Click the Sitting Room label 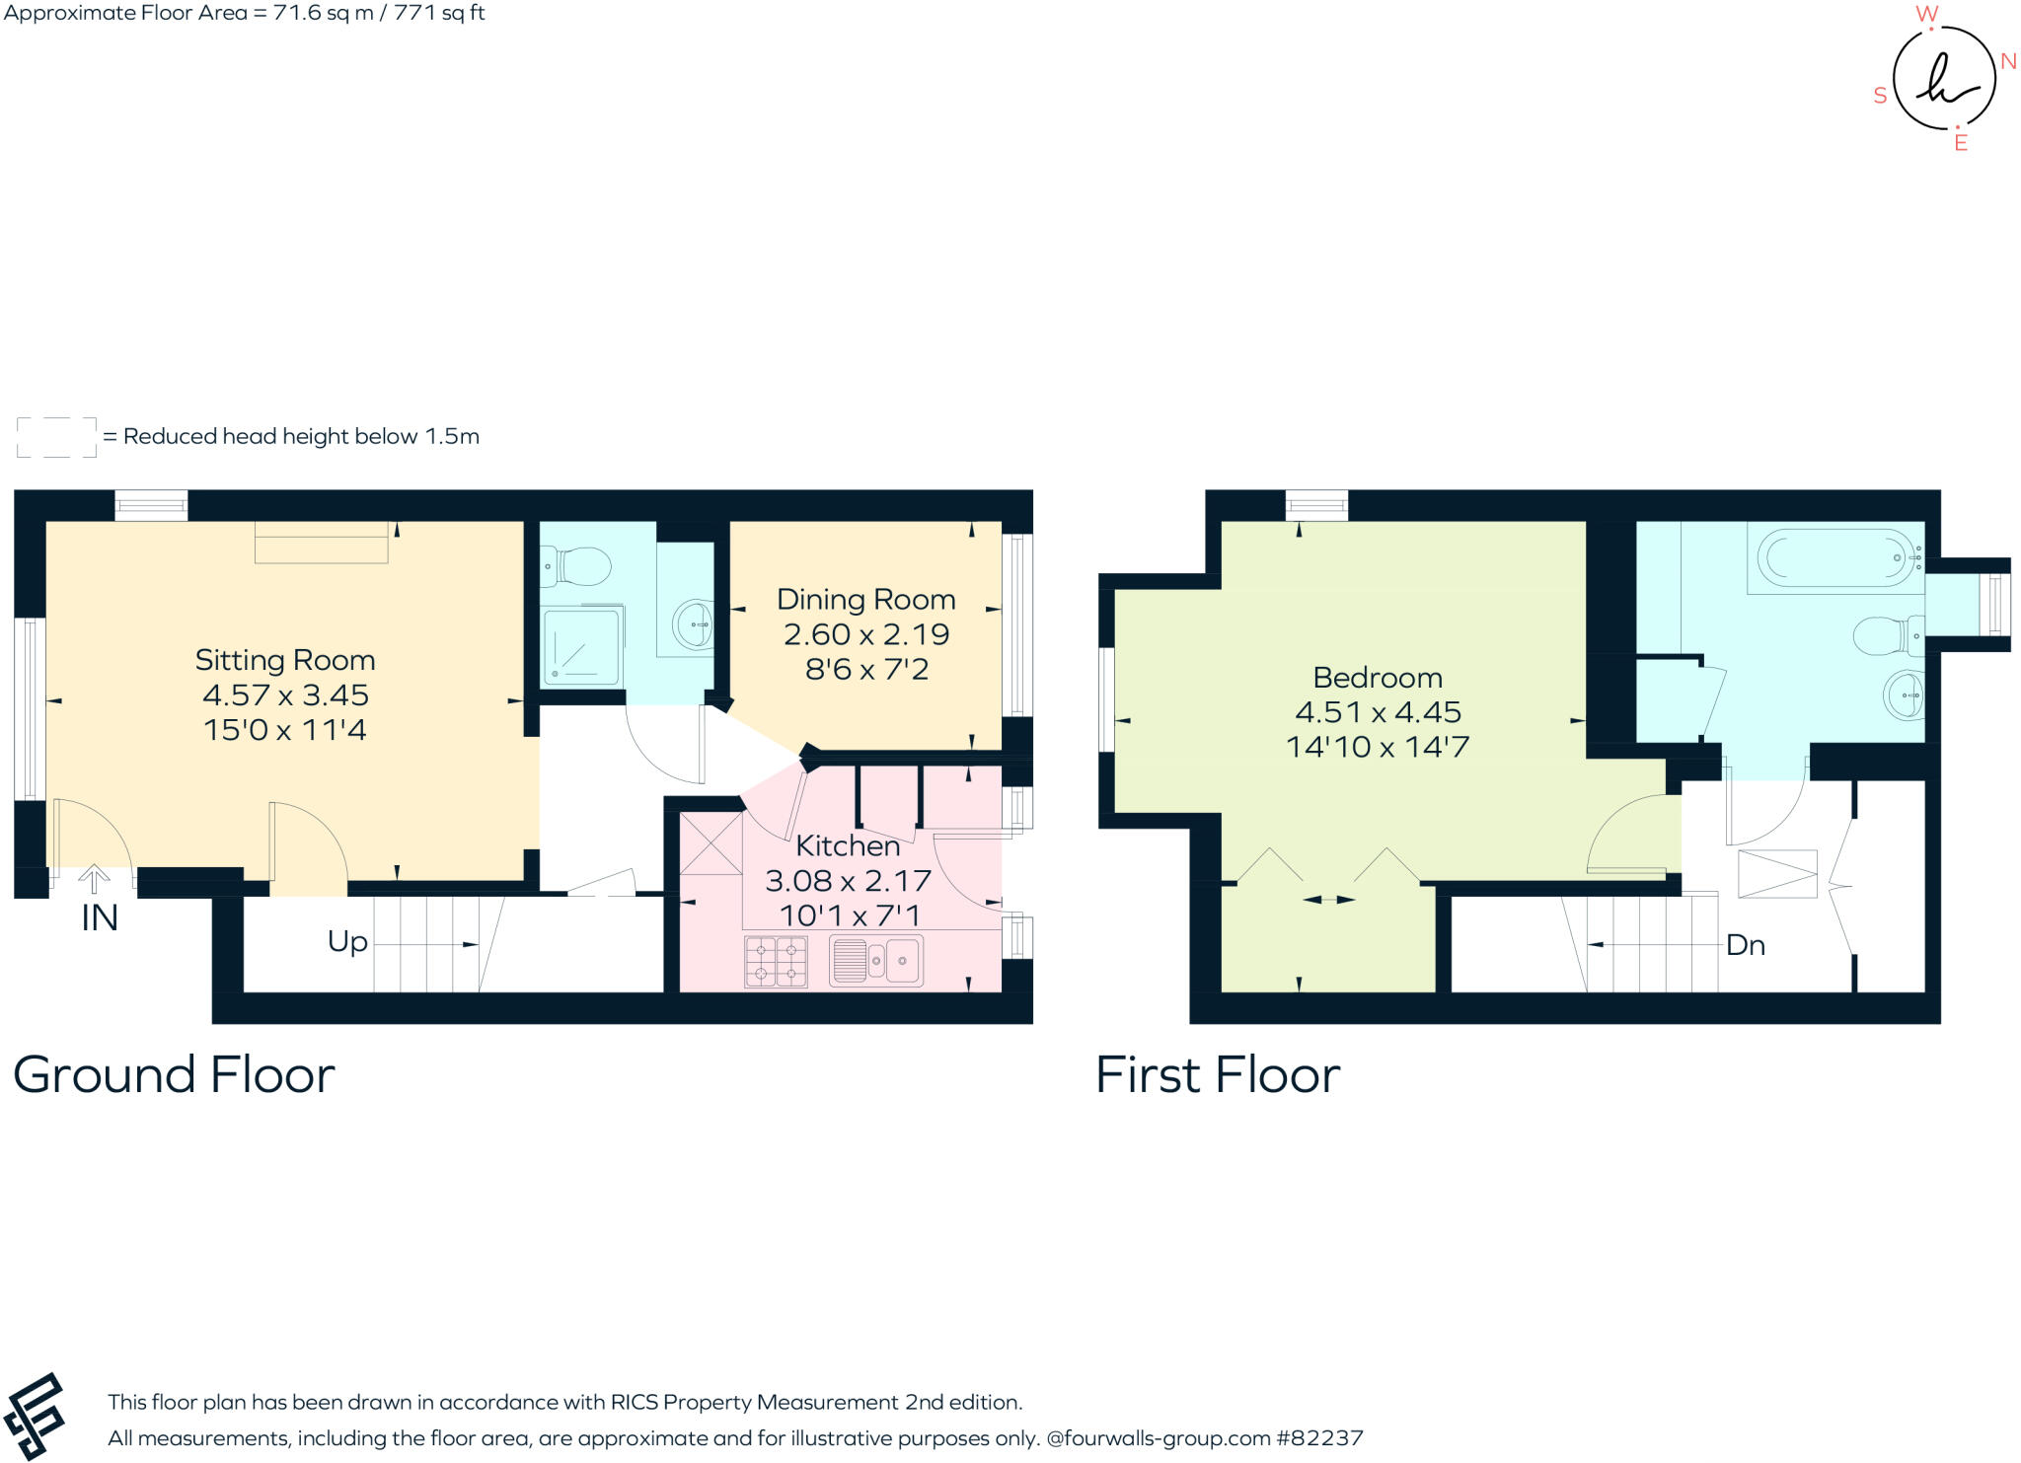[x=284, y=659]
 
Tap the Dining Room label [x=865, y=599]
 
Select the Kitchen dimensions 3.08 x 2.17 [x=848, y=880]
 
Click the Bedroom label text [x=1377, y=678]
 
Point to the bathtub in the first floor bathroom [x=1835, y=558]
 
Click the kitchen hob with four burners [x=776, y=962]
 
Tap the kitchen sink [x=876, y=960]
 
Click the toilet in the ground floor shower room [x=579, y=566]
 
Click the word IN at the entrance [x=99, y=918]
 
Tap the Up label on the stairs [x=347, y=942]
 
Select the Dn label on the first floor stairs [x=1745, y=945]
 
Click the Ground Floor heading [x=174, y=1074]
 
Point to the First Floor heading [x=1217, y=1074]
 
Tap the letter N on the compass [x=2007, y=61]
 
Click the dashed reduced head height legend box [x=56, y=437]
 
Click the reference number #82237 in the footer [x=1319, y=1437]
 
